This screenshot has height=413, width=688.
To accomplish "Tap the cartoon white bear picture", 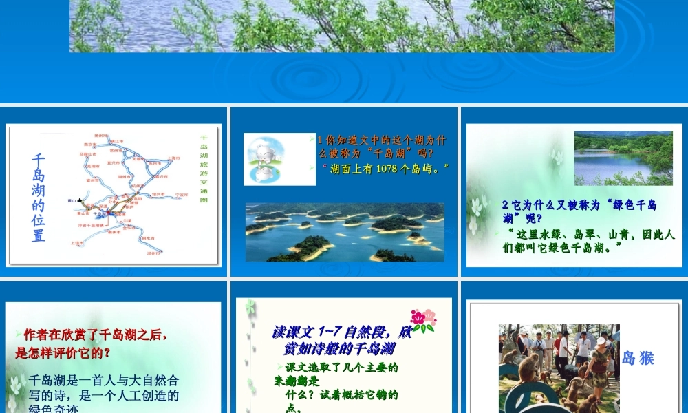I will [x=269, y=159].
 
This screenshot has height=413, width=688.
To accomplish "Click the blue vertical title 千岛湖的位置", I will [x=39, y=198].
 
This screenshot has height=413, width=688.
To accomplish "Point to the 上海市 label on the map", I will [x=174, y=158].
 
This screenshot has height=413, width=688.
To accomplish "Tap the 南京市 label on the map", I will [x=90, y=145].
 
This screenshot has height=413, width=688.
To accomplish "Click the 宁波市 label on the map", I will [x=182, y=195].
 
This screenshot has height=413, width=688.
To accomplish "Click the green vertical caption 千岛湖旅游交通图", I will [x=204, y=169].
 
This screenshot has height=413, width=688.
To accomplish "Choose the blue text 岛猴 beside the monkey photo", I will [x=638, y=358].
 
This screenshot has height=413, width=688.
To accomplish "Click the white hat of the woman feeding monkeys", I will [x=601, y=341].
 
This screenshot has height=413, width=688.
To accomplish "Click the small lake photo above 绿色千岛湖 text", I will [x=623, y=158].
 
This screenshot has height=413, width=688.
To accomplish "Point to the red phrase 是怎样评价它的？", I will [x=63, y=353].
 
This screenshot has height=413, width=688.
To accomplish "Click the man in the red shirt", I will [x=557, y=344].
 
